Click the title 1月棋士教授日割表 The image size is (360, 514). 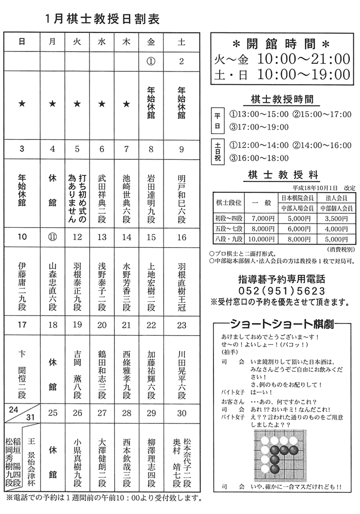tap(102, 20)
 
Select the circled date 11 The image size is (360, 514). tap(52, 237)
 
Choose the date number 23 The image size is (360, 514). tap(182, 325)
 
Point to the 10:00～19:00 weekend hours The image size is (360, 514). tap(303, 74)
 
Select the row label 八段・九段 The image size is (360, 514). tap(228, 239)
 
